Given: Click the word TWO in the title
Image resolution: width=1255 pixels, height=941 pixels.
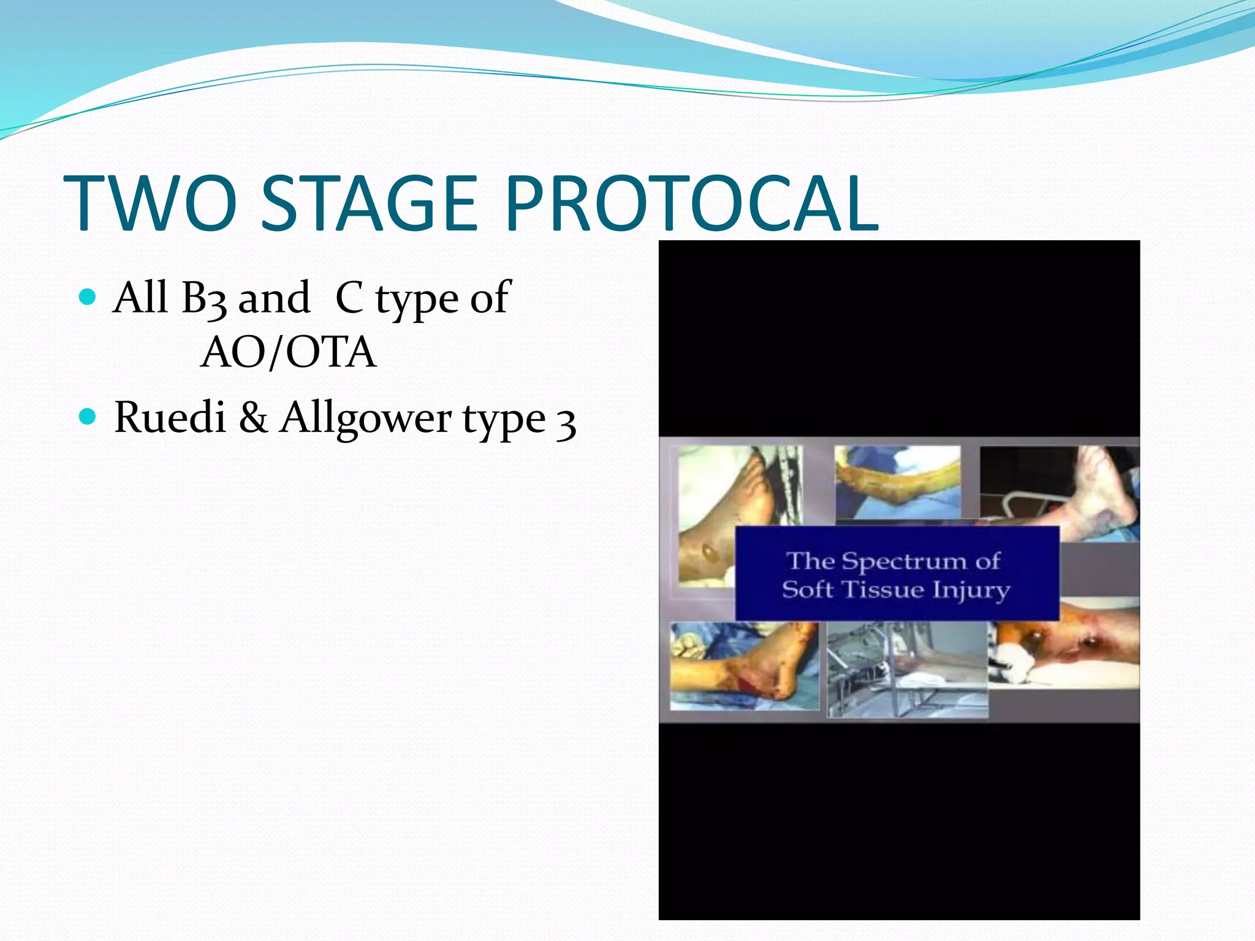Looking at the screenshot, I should (151, 203).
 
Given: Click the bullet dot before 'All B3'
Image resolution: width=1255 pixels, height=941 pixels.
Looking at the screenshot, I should (88, 298).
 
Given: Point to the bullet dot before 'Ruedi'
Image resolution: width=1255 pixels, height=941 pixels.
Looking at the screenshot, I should (88, 418).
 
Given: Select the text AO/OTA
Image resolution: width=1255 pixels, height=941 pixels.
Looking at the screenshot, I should (288, 353).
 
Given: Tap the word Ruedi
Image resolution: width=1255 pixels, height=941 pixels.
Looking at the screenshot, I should (170, 418).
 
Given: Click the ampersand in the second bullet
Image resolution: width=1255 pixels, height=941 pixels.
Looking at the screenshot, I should (253, 418).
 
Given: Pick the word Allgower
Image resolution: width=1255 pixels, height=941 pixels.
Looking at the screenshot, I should (366, 419).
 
